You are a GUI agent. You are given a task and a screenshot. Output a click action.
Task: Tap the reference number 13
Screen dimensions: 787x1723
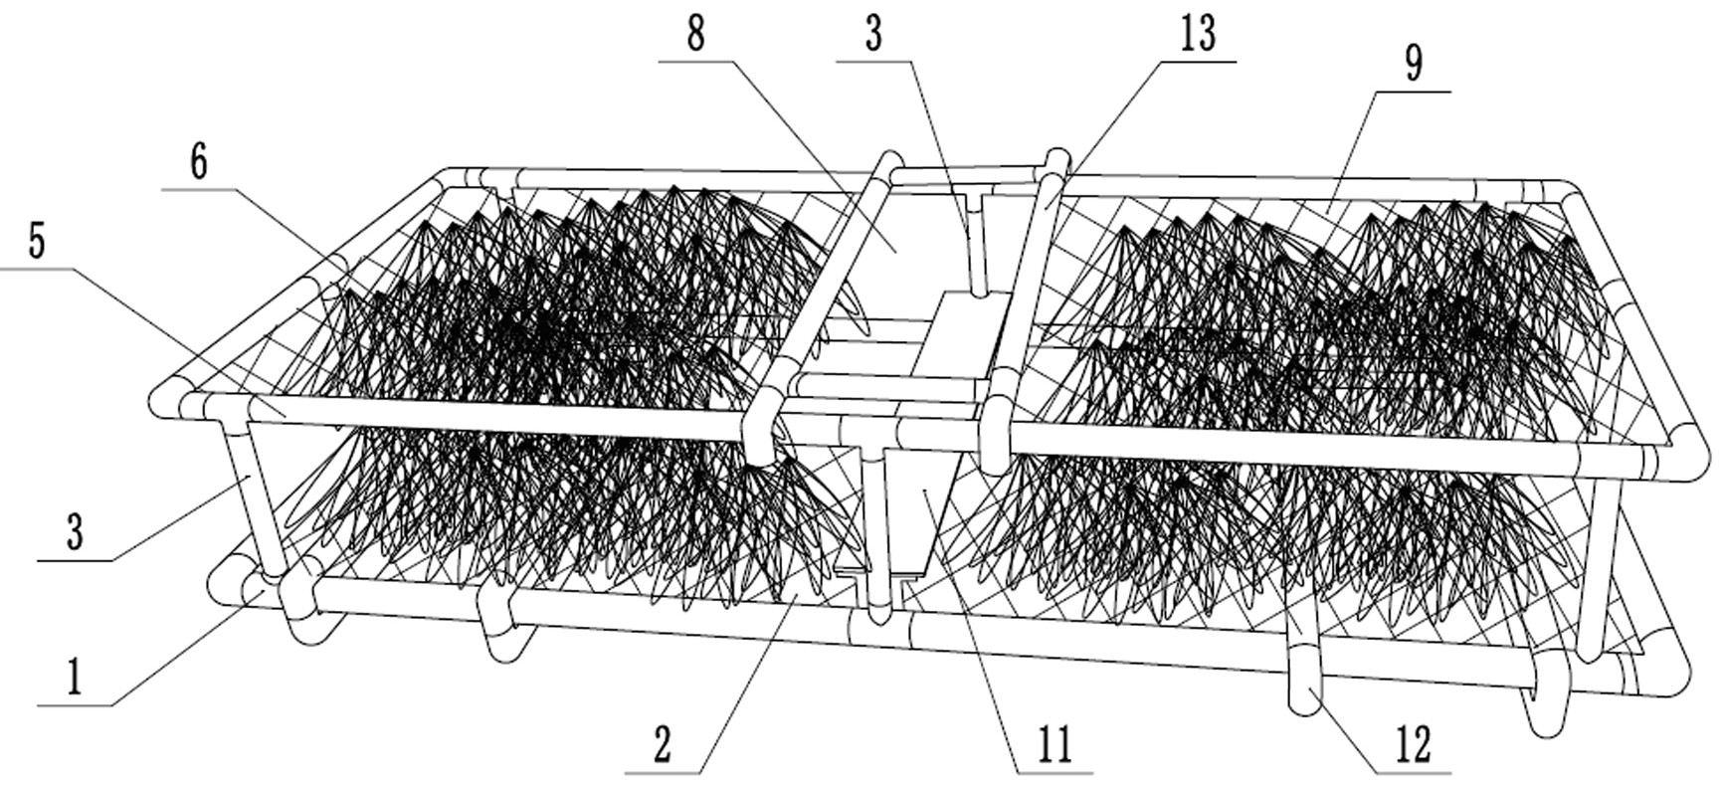pos(1198,34)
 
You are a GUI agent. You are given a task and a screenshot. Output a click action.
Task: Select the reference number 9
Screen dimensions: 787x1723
pos(1413,64)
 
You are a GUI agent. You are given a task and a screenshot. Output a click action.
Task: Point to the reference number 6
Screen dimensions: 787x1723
pos(198,162)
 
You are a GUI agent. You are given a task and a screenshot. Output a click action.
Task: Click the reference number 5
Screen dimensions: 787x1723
pos(37,242)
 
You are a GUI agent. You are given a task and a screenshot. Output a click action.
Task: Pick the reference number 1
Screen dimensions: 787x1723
pos(74,680)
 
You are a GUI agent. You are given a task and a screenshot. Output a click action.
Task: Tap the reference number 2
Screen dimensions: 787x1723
pos(663,743)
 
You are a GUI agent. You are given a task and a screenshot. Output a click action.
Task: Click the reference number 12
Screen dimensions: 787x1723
pos(1413,743)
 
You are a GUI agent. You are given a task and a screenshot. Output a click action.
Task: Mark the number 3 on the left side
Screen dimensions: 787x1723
pos(75,533)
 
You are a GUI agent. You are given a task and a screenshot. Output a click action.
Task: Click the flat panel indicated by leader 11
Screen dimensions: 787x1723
pos(920,507)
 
